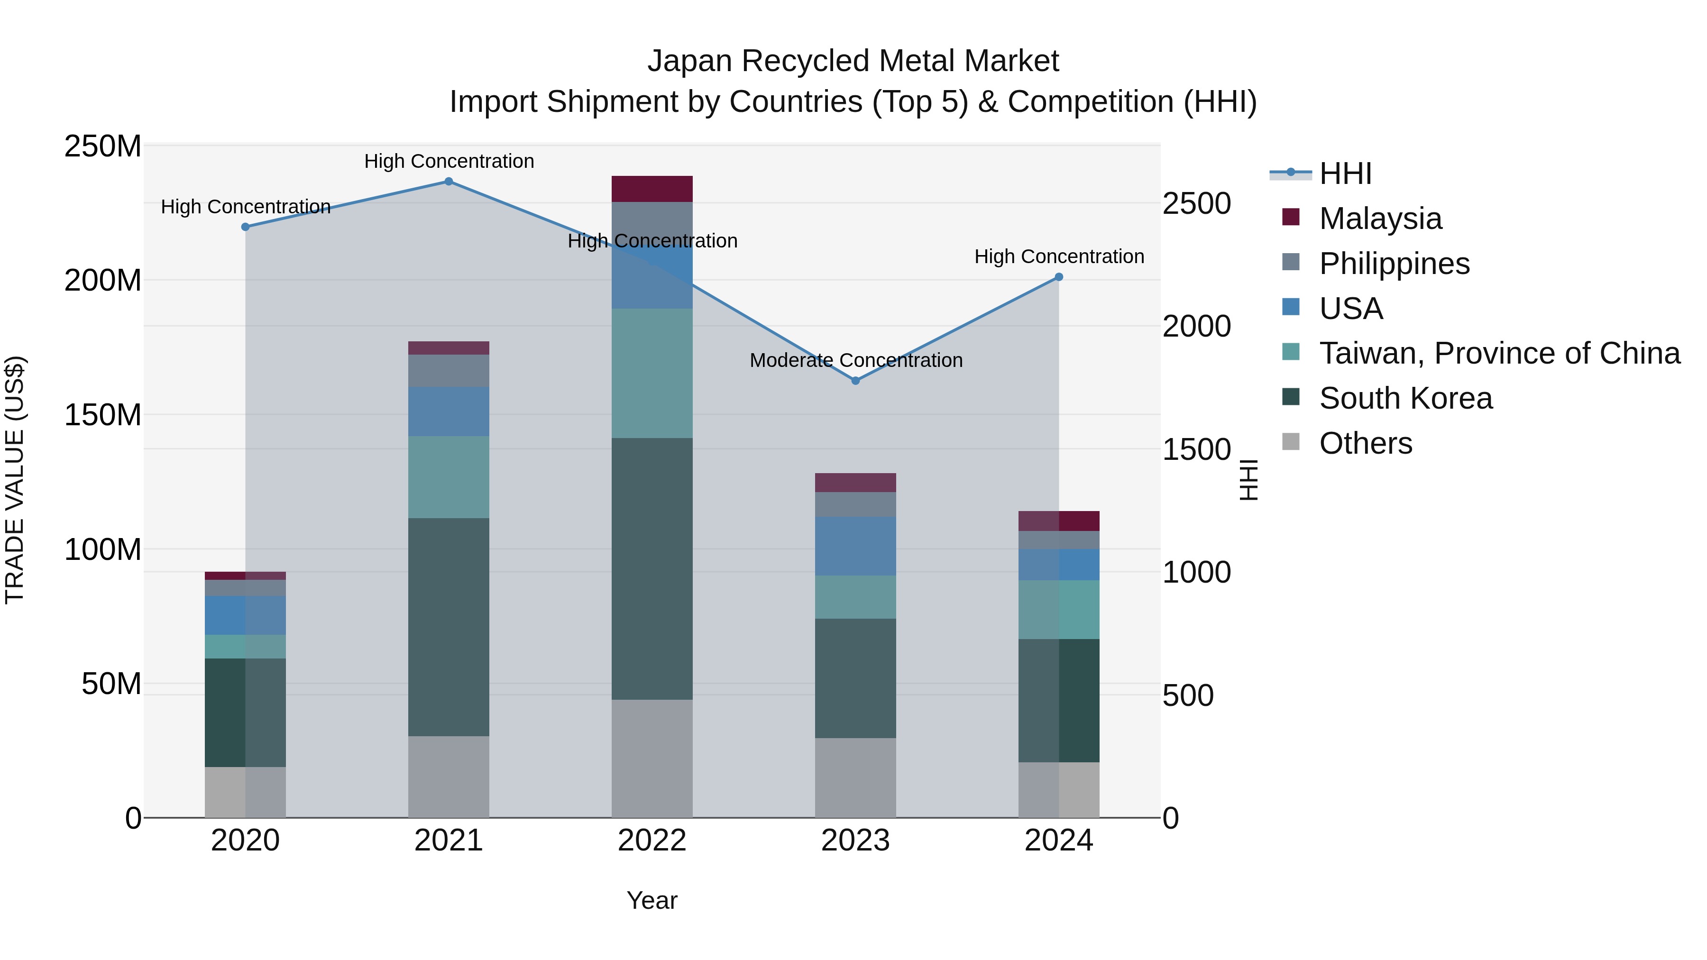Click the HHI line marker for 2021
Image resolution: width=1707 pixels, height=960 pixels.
click(x=449, y=182)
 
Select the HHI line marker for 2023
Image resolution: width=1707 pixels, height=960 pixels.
click(x=855, y=381)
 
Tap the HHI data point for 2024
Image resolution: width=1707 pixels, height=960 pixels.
click(x=1058, y=277)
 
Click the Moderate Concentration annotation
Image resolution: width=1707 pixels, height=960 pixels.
click(x=855, y=360)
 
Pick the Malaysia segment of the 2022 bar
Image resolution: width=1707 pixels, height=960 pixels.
click(x=652, y=189)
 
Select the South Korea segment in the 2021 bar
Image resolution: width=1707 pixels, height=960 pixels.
click(x=449, y=626)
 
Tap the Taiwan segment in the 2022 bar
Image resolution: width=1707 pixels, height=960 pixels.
click(x=652, y=373)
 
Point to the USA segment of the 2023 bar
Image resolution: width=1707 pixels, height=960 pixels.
click(x=855, y=546)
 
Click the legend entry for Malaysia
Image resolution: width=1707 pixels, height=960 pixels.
click(x=1380, y=219)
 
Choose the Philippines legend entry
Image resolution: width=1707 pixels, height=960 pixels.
click(x=1394, y=264)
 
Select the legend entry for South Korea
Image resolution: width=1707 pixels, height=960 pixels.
click(x=1405, y=398)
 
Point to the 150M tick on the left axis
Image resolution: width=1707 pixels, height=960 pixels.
click(x=103, y=415)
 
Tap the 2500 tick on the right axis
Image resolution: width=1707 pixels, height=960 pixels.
click(x=1197, y=203)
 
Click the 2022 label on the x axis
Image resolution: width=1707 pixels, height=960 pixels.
click(x=652, y=841)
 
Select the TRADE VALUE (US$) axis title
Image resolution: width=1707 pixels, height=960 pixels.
click(x=15, y=480)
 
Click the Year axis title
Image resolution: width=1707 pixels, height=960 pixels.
click(x=652, y=900)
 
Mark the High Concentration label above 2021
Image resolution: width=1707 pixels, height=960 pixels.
click(x=449, y=161)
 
